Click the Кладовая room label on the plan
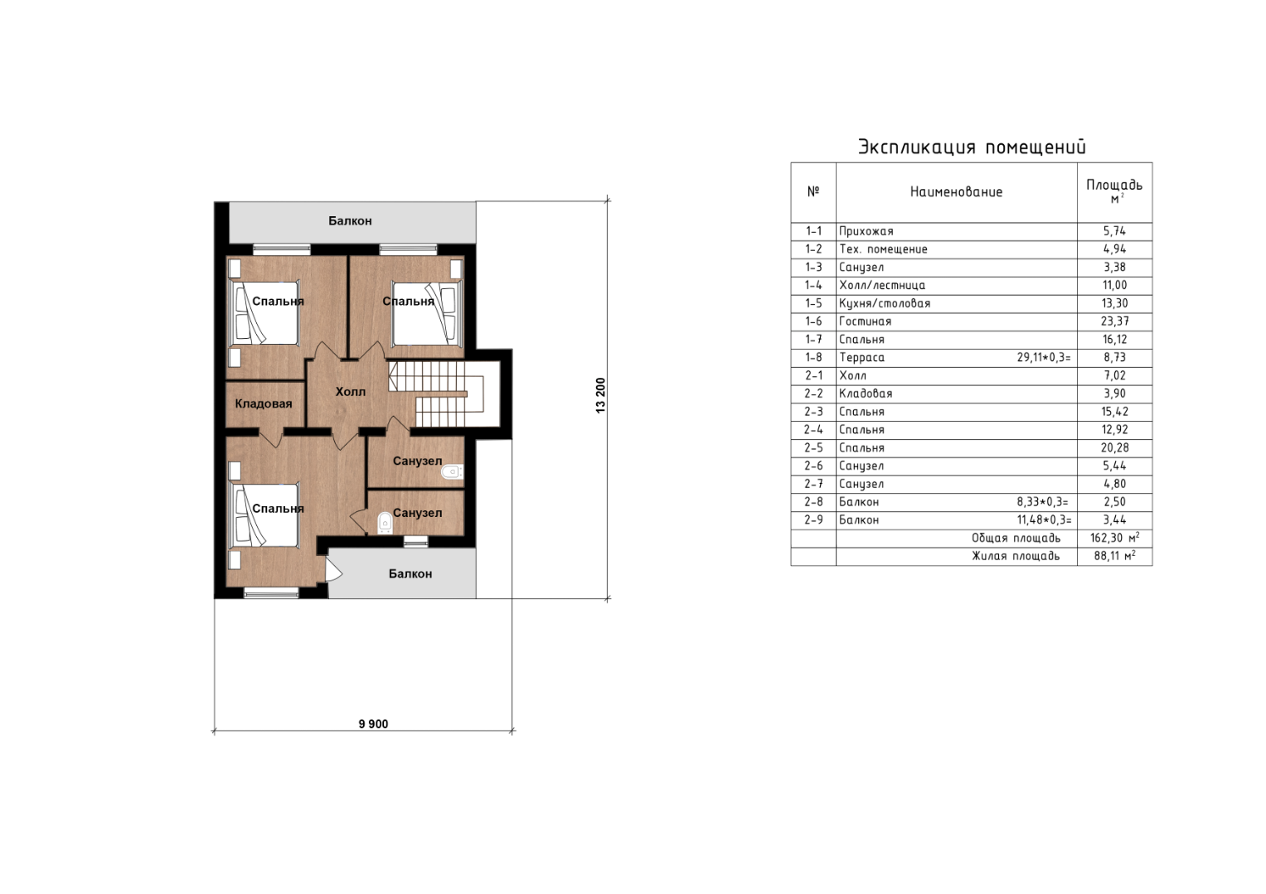pyautogui.click(x=264, y=404)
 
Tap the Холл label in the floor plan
pyautogui.click(x=351, y=392)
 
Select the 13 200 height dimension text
pyautogui.click(x=601, y=395)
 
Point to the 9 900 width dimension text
pyautogui.click(x=373, y=724)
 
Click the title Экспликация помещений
pyautogui.click(x=973, y=147)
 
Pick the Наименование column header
pyautogui.click(x=956, y=192)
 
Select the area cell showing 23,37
pyautogui.click(x=1114, y=321)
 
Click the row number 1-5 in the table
pyautogui.click(x=813, y=303)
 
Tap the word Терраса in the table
pyautogui.click(x=862, y=357)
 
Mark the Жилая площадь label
pyautogui.click(x=1016, y=556)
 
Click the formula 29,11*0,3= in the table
pyautogui.click(x=1043, y=357)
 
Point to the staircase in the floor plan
pyautogui.click(x=436, y=394)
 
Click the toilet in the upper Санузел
pyautogui.click(x=453, y=471)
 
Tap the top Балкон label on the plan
pyautogui.click(x=351, y=221)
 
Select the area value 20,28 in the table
pyautogui.click(x=1114, y=448)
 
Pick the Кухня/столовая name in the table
pyautogui.click(x=885, y=303)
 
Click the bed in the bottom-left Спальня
pyautogui.click(x=264, y=515)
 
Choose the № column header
pyautogui.click(x=813, y=191)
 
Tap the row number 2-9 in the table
pyautogui.click(x=813, y=520)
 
